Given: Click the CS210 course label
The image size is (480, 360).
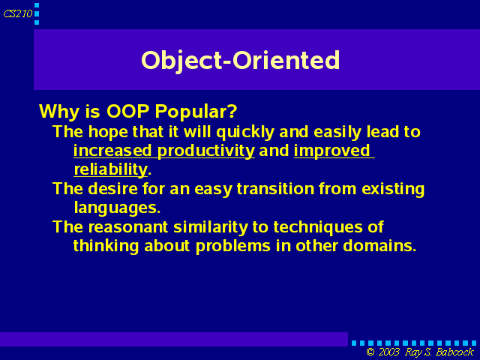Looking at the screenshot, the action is click(x=18, y=13).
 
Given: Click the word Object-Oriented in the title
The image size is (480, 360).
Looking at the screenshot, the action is click(x=240, y=61).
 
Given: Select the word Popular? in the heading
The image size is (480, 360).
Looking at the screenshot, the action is click(x=196, y=112).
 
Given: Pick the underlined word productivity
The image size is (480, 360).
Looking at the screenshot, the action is click(x=206, y=151).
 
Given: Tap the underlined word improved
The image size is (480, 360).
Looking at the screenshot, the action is click(x=332, y=151).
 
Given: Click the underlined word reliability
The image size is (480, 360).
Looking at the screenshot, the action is click(x=111, y=170).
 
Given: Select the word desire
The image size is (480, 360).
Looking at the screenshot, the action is click(x=112, y=188).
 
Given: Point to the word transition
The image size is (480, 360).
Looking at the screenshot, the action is click(x=275, y=188).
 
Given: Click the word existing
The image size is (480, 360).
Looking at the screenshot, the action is click(x=393, y=189).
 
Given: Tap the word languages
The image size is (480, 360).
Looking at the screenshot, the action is click(x=117, y=208).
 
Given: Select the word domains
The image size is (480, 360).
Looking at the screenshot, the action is click(x=379, y=246).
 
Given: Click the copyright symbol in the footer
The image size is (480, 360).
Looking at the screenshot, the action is click(x=370, y=352).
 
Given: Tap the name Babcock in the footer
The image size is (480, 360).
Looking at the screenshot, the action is click(x=455, y=352).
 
